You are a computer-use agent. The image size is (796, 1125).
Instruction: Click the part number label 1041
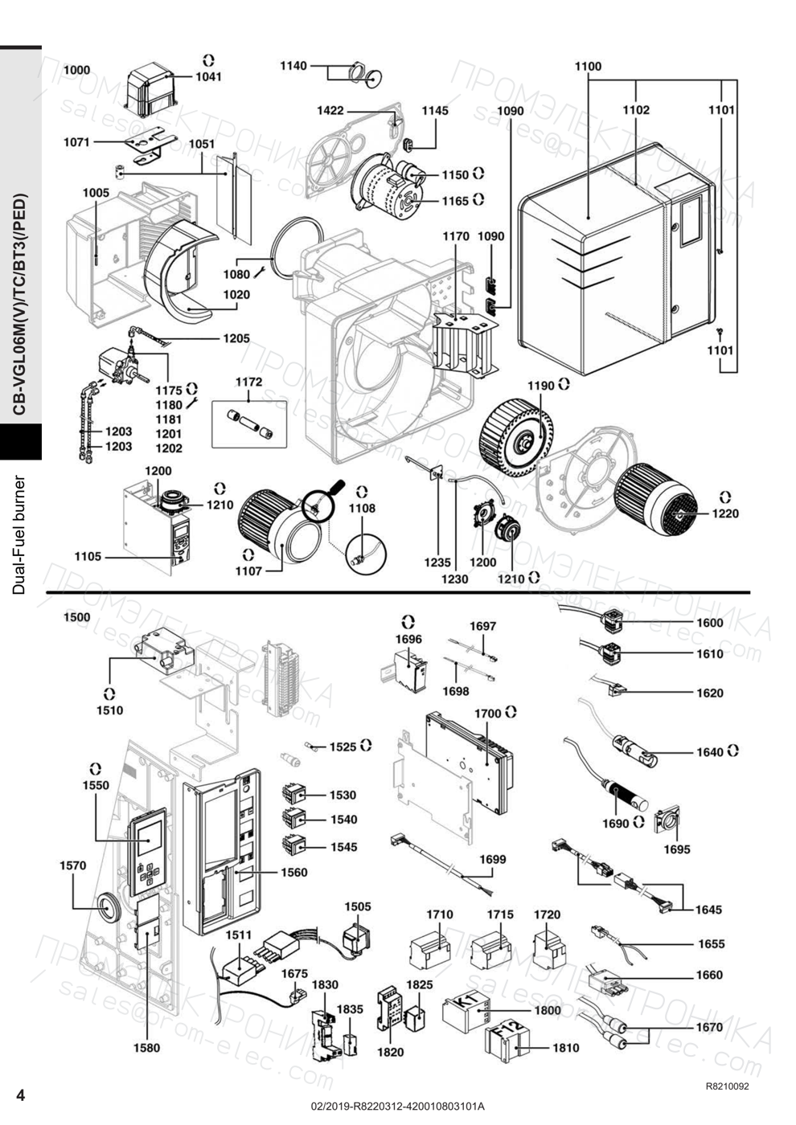208,77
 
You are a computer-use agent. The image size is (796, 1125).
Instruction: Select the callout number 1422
330,111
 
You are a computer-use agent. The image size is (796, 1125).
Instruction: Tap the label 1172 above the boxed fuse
248,382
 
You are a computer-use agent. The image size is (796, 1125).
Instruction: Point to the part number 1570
73,865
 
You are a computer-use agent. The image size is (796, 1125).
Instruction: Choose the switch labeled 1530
294,794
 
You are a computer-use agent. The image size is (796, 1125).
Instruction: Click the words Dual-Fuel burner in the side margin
19,535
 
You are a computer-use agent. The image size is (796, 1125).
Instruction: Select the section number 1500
76,617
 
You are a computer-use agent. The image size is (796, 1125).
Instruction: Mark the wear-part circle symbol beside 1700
512,712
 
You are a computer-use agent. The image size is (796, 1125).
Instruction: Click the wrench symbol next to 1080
259,272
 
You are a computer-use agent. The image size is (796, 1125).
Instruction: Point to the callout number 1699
492,859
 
